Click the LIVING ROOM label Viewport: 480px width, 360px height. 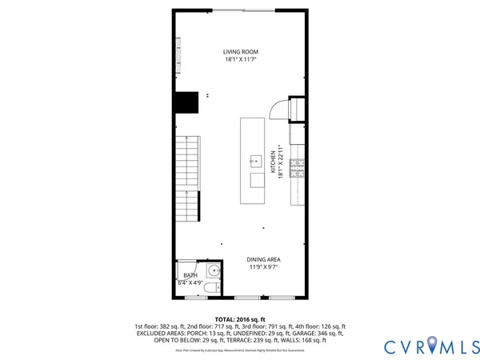point(240,52)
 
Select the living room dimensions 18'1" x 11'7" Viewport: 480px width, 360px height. point(240,60)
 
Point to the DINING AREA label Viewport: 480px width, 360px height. point(263,259)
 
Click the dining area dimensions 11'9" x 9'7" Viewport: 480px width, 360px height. point(263,267)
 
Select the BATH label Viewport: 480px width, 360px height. point(189,275)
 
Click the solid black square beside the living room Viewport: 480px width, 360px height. point(186,103)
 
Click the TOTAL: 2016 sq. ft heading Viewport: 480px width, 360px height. point(240,318)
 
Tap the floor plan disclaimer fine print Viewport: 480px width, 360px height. point(240,350)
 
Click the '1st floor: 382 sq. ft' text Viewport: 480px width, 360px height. point(160,326)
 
